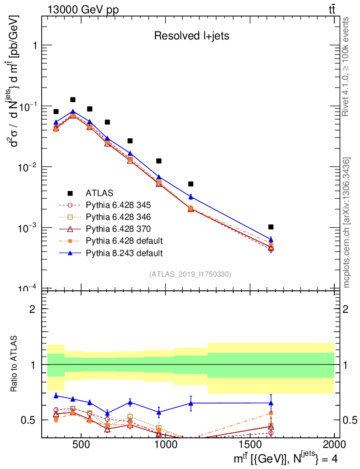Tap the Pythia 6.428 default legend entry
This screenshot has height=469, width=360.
(x=124, y=240)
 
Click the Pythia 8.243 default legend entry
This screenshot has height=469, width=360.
(x=124, y=252)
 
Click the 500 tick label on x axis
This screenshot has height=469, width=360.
(x=81, y=444)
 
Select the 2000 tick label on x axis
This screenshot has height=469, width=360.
(x=334, y=444)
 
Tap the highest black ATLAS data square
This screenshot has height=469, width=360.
(x=73, y=99)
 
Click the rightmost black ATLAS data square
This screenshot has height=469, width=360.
(x=271, y=227)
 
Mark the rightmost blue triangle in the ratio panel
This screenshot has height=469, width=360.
(x=271, y=403)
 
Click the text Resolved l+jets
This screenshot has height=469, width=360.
(x=191, y=36)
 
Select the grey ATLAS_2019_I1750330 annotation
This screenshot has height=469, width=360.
(x=190, y=274)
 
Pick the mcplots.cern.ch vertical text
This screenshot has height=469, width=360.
(x=347, y=222)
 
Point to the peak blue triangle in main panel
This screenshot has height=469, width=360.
(x=73, y=111)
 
